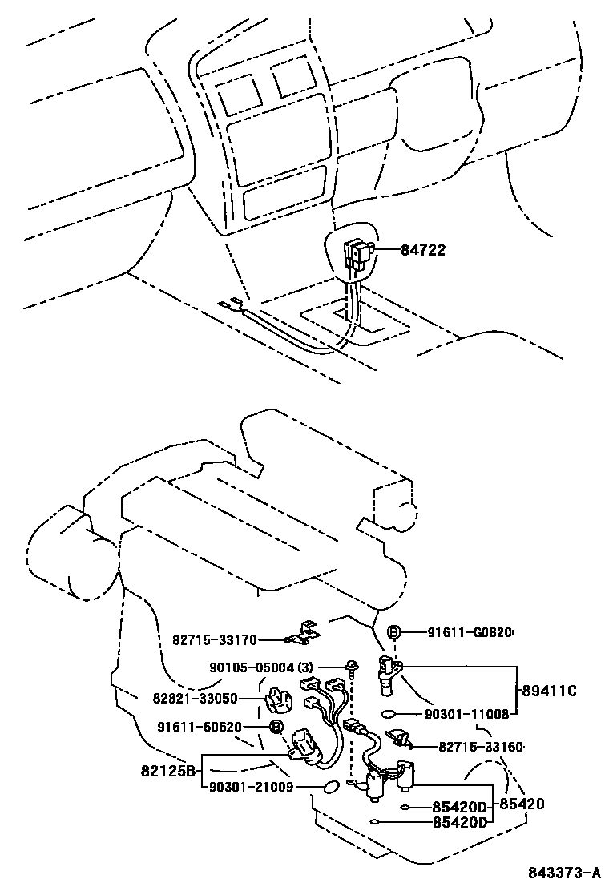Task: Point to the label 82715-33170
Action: [215, 639]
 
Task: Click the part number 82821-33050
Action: [196, 698]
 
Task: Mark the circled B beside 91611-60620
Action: [276, 728]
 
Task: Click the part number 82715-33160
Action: [481, 747]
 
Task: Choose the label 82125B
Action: [169, 771]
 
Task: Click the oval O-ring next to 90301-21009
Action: [329, 788]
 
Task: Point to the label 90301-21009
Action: [253, 788]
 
